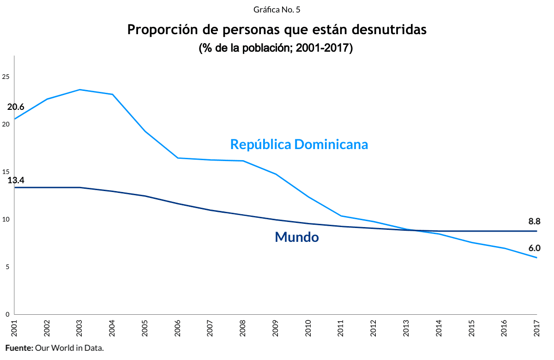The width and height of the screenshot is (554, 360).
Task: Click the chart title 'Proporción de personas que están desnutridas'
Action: (x=277, y=30)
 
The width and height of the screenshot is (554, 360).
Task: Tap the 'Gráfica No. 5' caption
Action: (x=277, y=9)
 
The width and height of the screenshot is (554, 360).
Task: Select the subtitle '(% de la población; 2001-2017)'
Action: (x=276, y=48)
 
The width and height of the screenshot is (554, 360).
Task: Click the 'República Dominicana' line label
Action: (x=299, y=144)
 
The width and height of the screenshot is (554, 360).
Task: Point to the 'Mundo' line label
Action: (x=297, y=237)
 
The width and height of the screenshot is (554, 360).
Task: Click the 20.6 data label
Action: (x=16, y=107)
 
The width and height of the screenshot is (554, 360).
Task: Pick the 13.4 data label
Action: (x=16, y=180)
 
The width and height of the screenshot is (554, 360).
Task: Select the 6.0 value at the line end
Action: (x=534, y=248)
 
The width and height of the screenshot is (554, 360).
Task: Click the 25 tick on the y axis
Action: (x=6, y=77)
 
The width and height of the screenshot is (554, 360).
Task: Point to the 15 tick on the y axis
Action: (x=6, y=172)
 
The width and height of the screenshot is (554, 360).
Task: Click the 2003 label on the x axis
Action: (x=80, y=329)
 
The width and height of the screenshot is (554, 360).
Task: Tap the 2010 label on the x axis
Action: (x=308, y=329)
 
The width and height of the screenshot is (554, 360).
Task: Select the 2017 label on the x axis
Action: (x=537, y=329)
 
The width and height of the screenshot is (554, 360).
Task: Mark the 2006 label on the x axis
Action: (x=178, y=329)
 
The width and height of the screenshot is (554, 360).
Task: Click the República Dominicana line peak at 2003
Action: (x=80, y=90)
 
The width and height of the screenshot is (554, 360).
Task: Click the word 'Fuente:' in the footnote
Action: (x=19, y=348)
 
